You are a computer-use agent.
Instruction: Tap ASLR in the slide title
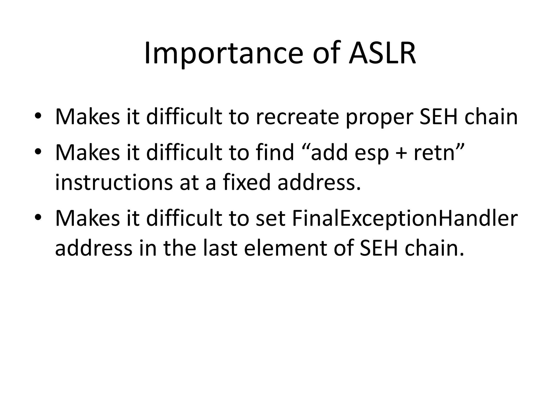click(382, 54)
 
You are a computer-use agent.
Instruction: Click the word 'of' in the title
click(326, 54)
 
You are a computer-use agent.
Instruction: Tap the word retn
click(434, 153)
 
